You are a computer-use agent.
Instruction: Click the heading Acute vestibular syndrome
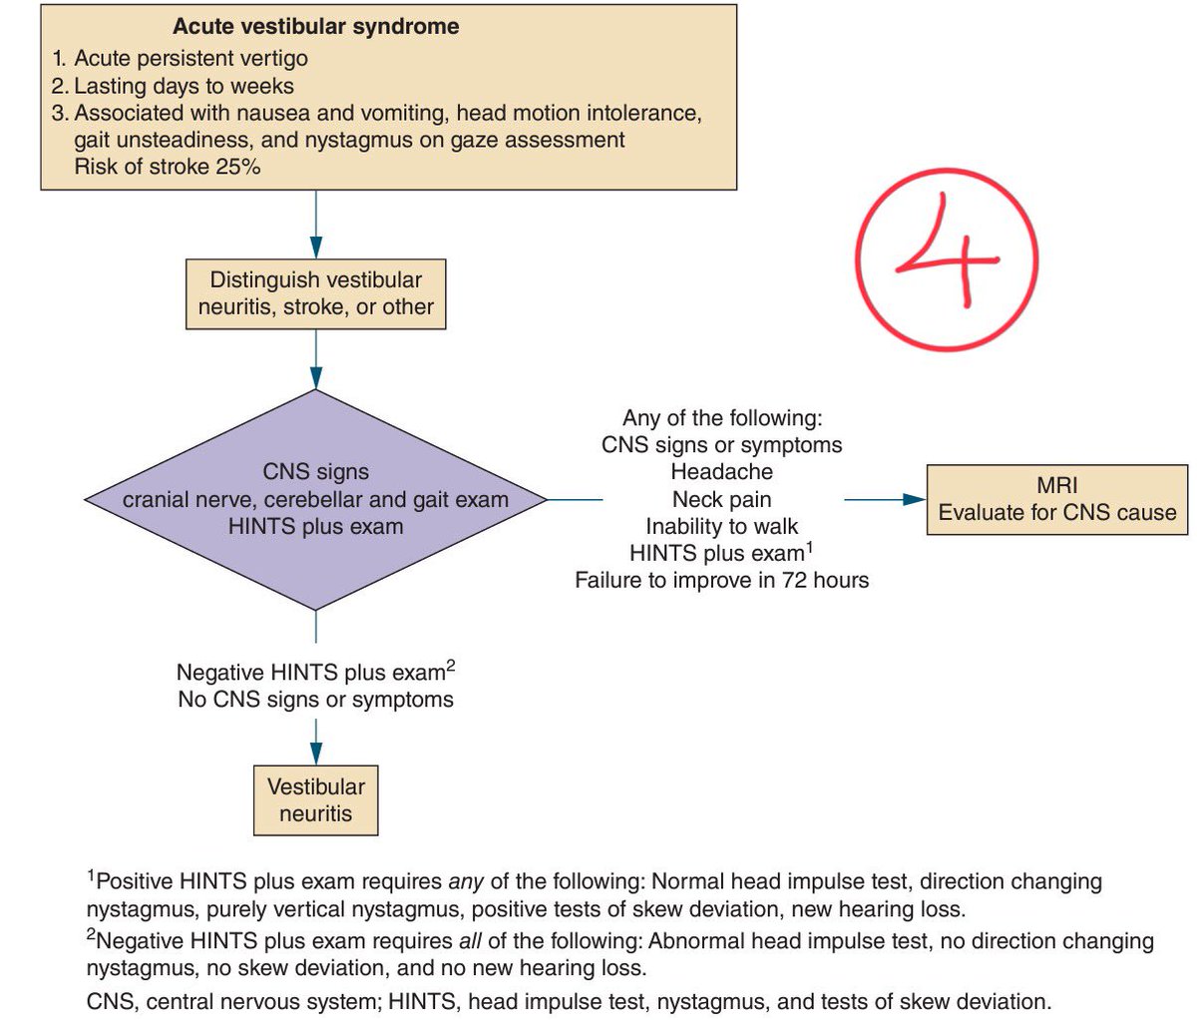pyautogui.click(x=315, y=27)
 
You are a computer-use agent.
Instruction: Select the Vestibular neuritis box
pyautogui.click(x=316, y=799)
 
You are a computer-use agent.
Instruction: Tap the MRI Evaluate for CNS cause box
pyautogui.click(x=1056, y=499)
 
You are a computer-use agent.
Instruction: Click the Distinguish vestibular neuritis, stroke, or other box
pyautogui.click(x=316, y=293)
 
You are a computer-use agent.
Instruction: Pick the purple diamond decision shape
pyautogui.click(x=316, y=499)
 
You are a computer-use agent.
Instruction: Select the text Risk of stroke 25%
pyautogui.click(x=167, y=167)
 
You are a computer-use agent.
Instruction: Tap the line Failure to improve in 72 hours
pyautogui.click(x=721, y=580)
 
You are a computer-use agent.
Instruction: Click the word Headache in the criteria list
pyautogui.click(x=721, y=472)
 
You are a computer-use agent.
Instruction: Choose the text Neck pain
pyautogui.click(x=721, y=499)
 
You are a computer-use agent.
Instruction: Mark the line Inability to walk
pyautogui.click(x=721, y=526)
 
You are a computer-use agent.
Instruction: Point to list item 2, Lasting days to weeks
pyautogui.click(x=173, y=86)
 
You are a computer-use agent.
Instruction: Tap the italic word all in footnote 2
pyautogui.click(x=470, y=941)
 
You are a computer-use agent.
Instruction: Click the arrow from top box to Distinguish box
pyautogui.click(x=316, y=225)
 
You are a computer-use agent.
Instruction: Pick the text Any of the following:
pyautogui.click(x=721, y=418)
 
